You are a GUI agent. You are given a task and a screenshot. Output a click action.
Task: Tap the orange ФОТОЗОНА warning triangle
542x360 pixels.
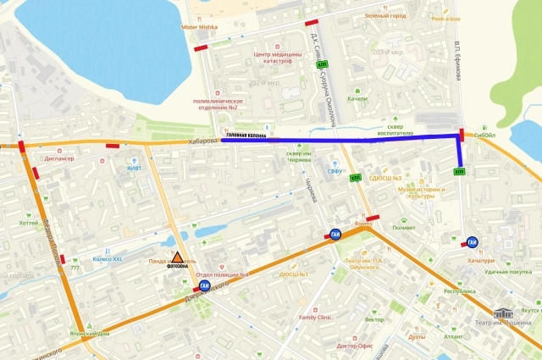[x=178, y=259]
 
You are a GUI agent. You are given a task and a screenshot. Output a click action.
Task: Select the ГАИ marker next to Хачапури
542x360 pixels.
[x=473, y=241]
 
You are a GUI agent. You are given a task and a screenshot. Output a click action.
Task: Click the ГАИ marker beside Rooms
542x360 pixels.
[x=335, y=235]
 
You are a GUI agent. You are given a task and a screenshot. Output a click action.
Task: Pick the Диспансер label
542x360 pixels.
[x=58, y=158]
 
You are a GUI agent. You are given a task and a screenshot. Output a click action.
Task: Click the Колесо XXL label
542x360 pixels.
[x=108, y=258]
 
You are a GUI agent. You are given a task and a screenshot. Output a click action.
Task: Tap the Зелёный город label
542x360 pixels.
[x=386, y=15]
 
